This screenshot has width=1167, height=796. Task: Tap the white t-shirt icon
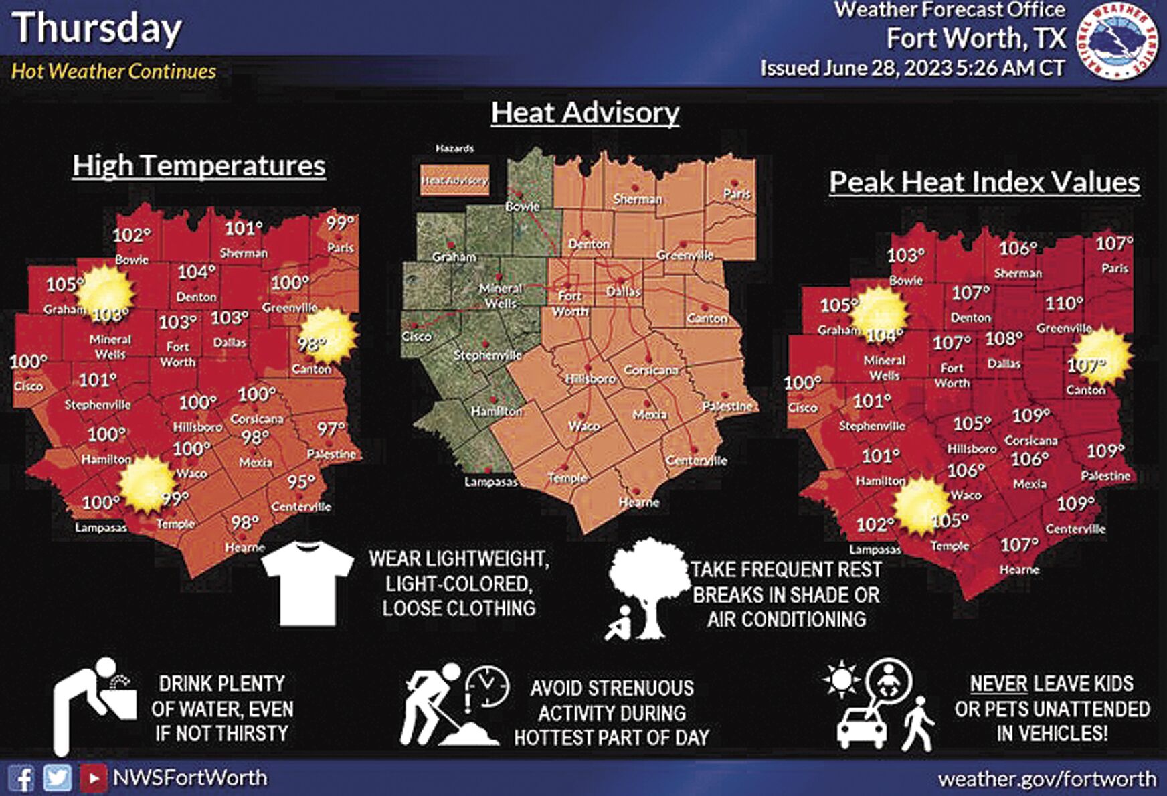point(307,582)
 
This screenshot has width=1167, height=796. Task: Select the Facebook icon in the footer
point(22,779)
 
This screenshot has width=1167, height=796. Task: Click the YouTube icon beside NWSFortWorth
point(93,778)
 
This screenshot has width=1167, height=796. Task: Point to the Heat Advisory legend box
point(454,180)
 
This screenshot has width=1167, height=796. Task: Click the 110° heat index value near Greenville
point(1064,303)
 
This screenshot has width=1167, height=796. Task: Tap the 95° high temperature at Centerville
point(301,482)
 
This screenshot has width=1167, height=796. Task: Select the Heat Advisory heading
point(585,112)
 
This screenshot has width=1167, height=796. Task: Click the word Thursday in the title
point(97,29)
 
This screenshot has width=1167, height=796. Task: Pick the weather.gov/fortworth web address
point(1047,779)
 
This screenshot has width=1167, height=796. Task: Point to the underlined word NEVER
point(998,684)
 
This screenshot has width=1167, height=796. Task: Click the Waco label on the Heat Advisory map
point(584,426)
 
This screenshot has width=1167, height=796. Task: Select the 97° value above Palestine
point(331,428)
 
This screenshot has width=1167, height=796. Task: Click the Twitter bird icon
point(58,778)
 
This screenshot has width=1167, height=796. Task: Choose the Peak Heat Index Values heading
point(984,183)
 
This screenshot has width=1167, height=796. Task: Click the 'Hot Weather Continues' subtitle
point(114,71)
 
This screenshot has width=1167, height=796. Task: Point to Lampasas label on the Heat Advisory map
point(490,481)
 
